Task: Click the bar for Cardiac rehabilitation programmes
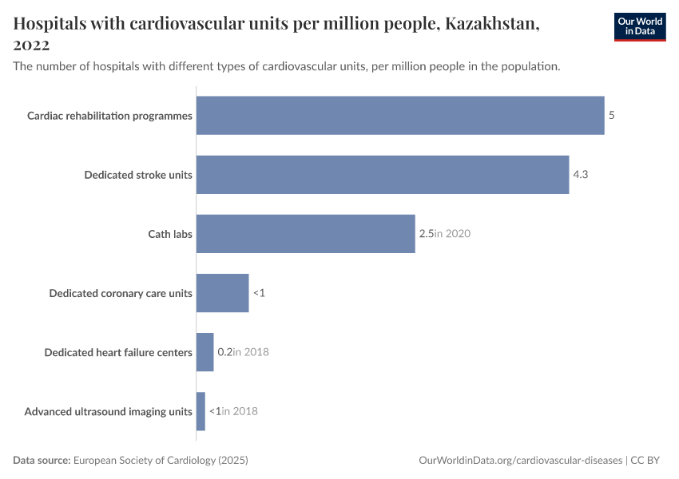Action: pyautogui.click(x=399, y=116)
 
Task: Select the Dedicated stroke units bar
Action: pyautogui.click(x=382, y=175)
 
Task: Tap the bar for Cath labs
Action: pyautogui.click(x=305, y=234)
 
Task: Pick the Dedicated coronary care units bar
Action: pyautogui.click(x=222, y=293)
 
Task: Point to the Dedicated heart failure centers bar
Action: pyautogui.click(x=204, y=352)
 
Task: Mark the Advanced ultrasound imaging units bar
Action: pyautogui.click(x=201, y=411)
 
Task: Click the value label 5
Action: pyautogui.click(x=611, y=116)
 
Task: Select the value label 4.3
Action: pyautogui.click(x=581, y=175)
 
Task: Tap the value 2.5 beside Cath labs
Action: pyautogui.click(x=426, y=234)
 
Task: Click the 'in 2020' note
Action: pyautogui.click(x=452, y=234)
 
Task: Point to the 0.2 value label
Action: pyautogui.click(x=224, y=352)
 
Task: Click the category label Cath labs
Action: pyautogui.click(x=170, y=234)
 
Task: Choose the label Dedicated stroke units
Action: pyautogui.click(x=138, y=175)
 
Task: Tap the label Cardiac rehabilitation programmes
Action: pyautogui.click(x=109, y=116)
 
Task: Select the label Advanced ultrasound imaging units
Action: pyautogui.click(x=108, y=412)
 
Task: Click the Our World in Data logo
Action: pyautogui.click(x=639, y=26)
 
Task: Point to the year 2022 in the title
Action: pyautogui.click(x=32, y=46)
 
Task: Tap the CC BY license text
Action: pyautogui.click(x=647, y=461)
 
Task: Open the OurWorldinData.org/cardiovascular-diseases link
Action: pyautogui.click(x=520, y=461)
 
